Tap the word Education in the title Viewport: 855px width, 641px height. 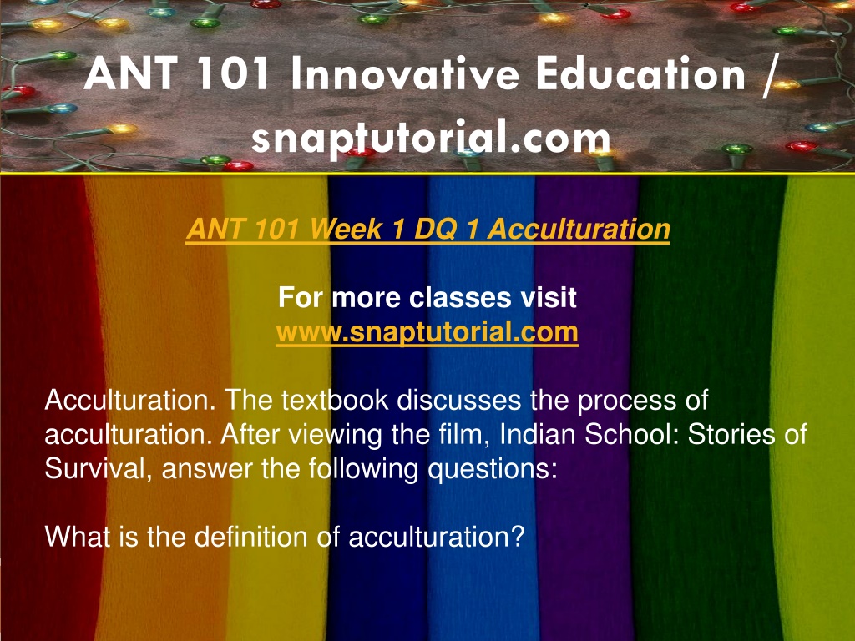click(640, 74)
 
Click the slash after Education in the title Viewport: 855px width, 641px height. click(768, 76)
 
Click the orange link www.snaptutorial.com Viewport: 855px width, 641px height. click(427, 331)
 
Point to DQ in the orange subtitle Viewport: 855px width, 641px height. click(435, 229)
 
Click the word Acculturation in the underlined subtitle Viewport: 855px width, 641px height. click(579, 229)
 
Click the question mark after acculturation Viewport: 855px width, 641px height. click(518, 537)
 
